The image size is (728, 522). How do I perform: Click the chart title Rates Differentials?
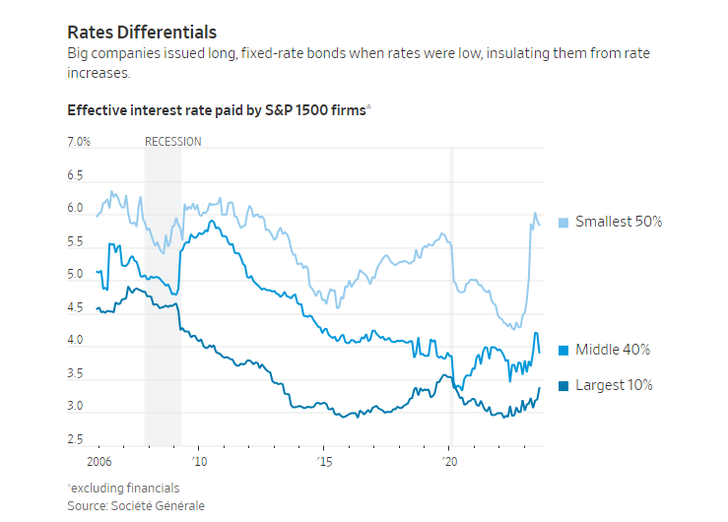pos(142,33)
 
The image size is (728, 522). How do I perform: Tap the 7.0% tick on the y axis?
pos(79,142)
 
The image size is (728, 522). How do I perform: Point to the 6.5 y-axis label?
pos(76,175)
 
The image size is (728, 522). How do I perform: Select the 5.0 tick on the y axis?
pos(76,275)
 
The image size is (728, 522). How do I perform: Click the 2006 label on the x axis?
pos(99,461)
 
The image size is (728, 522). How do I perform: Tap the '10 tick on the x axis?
pos(199,461)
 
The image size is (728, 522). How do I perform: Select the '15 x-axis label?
pos(324,461)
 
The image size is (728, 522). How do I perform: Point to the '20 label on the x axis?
pos(449,461)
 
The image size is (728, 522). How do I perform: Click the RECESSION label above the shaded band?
pos(172,142)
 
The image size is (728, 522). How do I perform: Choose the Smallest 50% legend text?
pos(619,222)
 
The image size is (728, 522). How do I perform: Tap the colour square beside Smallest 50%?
pos(564,222)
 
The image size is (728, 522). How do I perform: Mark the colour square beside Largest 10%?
pos(564,385)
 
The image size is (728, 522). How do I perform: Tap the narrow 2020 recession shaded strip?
pos(451,295)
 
